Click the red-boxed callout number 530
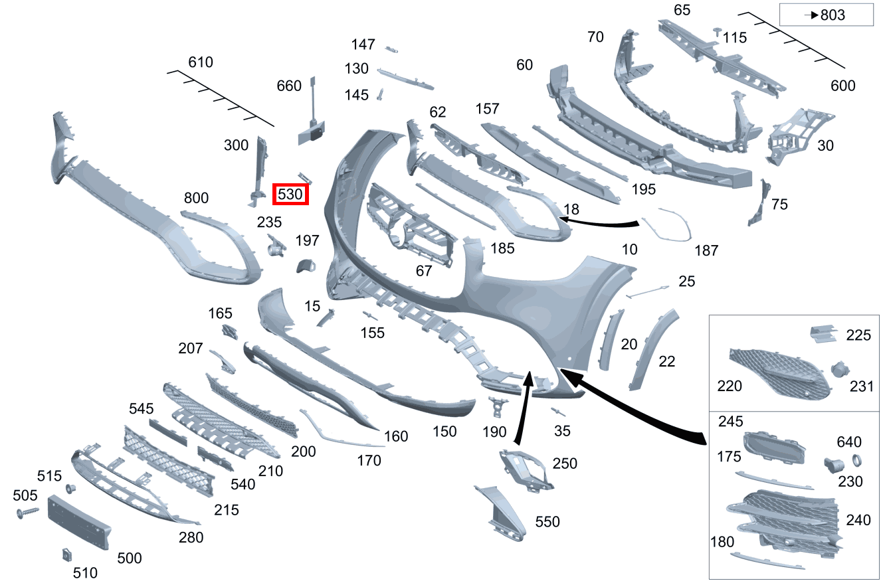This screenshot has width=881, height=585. point(292,195)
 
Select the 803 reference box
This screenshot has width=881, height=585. point(827,15)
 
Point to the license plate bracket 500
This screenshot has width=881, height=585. point(78,521)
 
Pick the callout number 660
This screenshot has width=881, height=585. point(289,86)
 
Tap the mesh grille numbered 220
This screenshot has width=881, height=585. point(777,375)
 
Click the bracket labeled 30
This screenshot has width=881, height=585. point(794,137)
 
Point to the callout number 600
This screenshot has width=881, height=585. point(842,86)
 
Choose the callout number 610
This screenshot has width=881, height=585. point(201,62)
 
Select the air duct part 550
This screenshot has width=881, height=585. point(503,511)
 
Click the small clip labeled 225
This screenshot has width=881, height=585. point(823,335)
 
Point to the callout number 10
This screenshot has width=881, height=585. point(629,250)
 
